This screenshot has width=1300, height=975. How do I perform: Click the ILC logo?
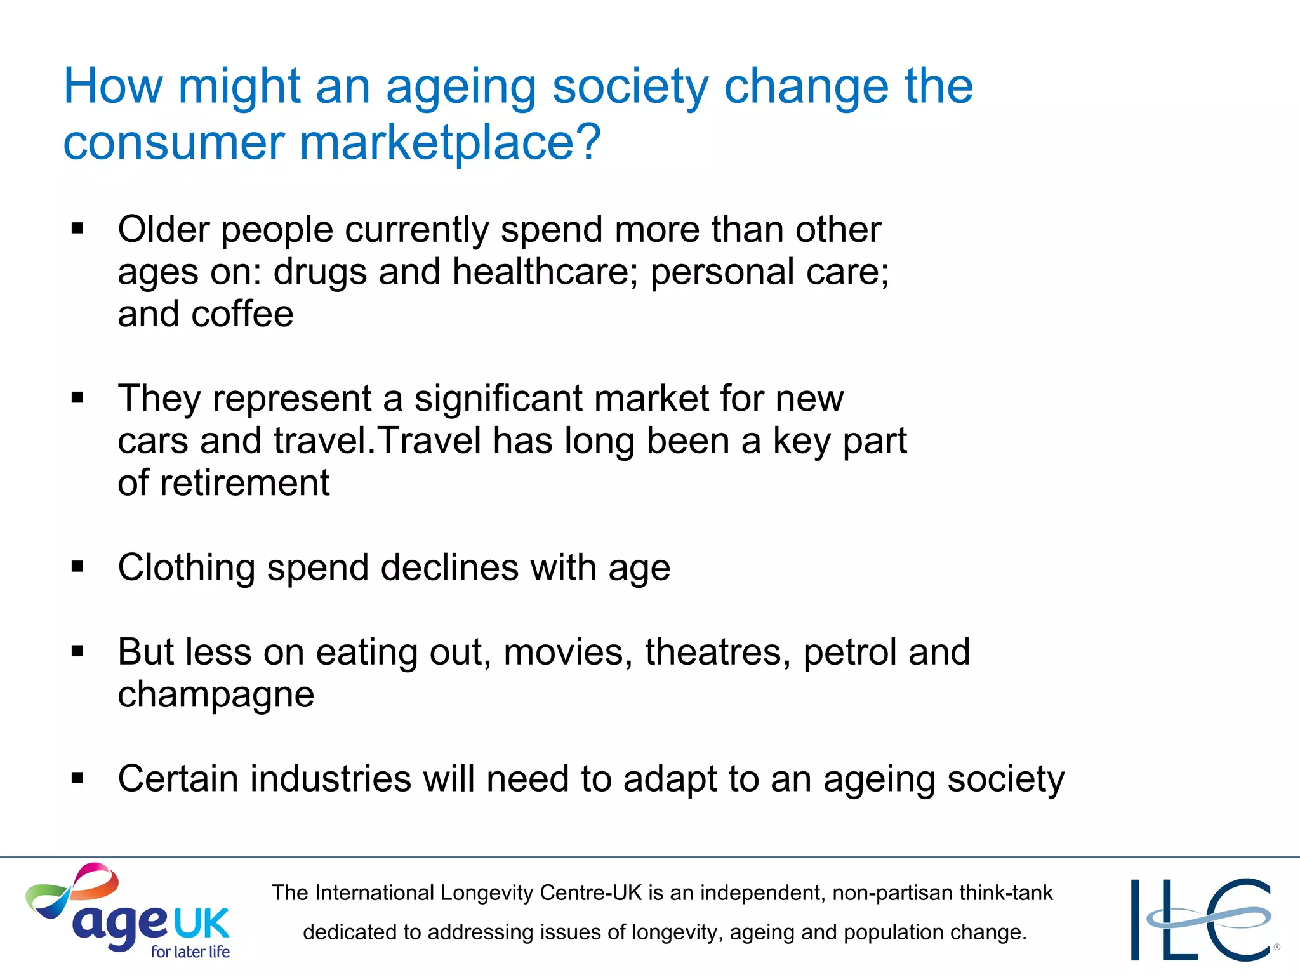(1202, 919)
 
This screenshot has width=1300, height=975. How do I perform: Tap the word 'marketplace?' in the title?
(449, 142)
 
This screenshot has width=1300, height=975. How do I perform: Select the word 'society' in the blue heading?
(630, 86)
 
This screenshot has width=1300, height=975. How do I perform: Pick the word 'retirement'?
(244, 483)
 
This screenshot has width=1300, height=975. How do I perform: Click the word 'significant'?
(498, 399)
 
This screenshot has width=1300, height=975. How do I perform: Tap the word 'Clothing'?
(186, 567)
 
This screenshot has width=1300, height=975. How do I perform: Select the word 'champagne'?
(216, 694)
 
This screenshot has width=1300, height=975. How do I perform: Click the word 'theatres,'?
(718, 652)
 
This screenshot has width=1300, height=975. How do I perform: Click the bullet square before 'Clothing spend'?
(77, 567)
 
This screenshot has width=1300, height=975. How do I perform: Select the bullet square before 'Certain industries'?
(77, 778)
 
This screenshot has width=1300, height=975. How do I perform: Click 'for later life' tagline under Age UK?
(190, 952)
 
